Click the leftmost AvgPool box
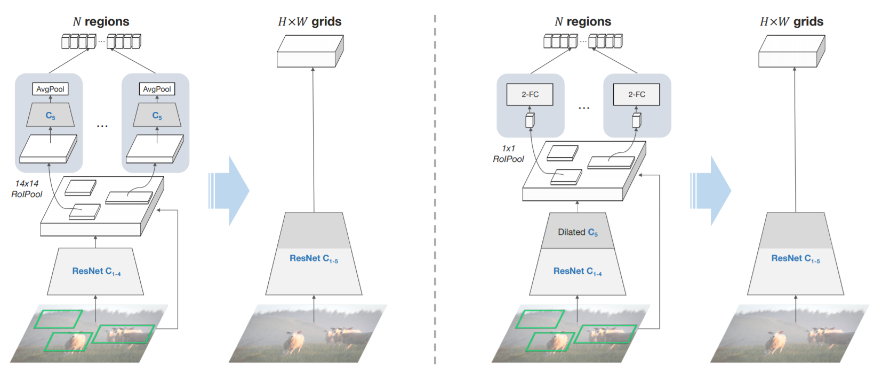(50, 89)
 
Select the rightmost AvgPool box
(157, 89)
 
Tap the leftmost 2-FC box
(530, 94)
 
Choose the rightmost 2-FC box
(636, 94)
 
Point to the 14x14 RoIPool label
(27, 189)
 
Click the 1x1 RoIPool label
(508, 153)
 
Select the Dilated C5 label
(578, 232)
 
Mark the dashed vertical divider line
(435, 186)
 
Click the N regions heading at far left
(101, 22)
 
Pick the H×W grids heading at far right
(791, 22)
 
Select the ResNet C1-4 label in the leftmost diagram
(96, 271)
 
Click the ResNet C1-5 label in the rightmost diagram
(795, 258)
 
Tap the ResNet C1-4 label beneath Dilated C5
(578, 271)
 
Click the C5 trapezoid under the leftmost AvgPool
(50, 116)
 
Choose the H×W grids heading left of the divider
(309, 22)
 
